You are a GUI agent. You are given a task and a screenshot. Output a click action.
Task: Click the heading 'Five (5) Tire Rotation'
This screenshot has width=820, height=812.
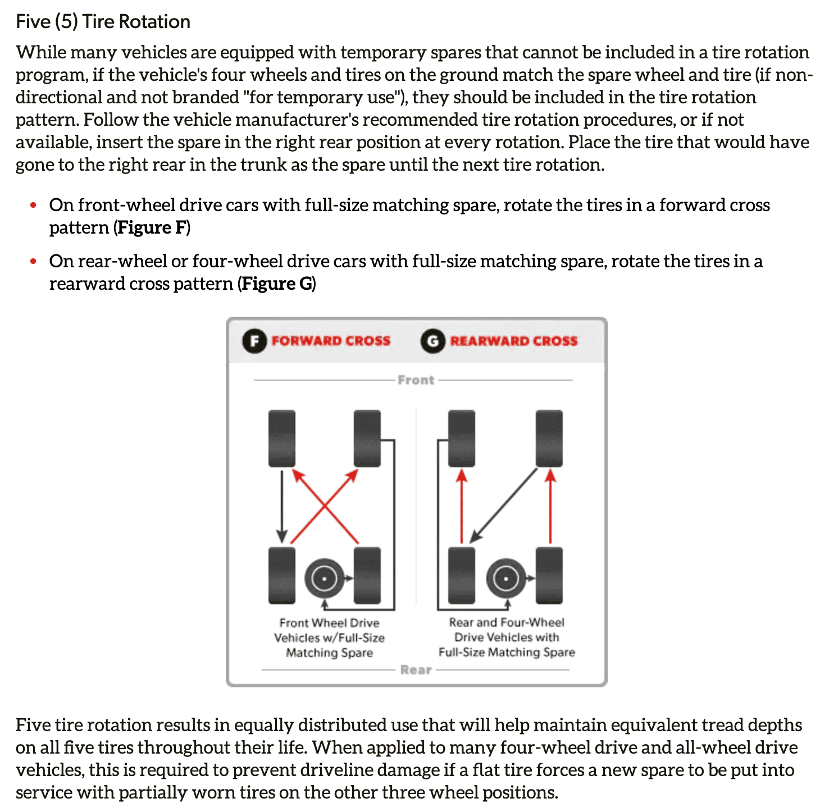(103, 22)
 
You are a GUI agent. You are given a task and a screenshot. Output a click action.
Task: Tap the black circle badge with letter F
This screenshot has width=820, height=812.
(254, 341)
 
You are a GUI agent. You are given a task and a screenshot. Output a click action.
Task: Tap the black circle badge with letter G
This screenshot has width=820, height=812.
(433, 341)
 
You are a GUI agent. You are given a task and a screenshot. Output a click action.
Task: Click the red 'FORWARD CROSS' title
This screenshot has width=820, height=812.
(331, 341)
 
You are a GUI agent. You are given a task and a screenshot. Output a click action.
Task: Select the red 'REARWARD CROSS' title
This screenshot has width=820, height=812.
(514, 341)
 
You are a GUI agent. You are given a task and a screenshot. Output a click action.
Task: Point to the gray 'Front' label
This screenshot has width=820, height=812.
(416, 380)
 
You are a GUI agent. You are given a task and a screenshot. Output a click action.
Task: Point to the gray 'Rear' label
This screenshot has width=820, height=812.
(416, 670)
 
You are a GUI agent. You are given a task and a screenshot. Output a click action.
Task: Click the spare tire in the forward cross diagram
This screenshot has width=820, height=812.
(324, 578)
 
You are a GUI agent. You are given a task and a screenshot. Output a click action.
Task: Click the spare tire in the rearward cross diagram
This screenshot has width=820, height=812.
(506, 578)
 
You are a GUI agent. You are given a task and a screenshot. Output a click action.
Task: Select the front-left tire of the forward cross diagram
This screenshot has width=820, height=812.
(282, 439)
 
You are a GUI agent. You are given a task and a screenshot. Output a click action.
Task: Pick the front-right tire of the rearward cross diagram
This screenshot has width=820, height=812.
(549, 439)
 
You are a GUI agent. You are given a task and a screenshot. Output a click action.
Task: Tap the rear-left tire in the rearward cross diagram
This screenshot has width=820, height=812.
(462, 576)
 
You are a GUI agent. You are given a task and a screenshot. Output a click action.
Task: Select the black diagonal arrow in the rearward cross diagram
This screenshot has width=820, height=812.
(503, 506)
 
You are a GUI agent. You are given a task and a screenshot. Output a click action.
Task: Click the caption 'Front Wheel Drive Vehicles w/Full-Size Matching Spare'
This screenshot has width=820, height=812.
(329, 637)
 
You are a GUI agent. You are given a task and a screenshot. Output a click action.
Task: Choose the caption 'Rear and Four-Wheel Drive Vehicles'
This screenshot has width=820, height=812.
(507, 630)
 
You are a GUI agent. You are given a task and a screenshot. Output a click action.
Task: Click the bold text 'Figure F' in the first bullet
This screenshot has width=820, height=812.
(152, 227)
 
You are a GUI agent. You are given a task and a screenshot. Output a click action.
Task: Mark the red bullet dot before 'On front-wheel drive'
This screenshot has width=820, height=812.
(33, 206)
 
